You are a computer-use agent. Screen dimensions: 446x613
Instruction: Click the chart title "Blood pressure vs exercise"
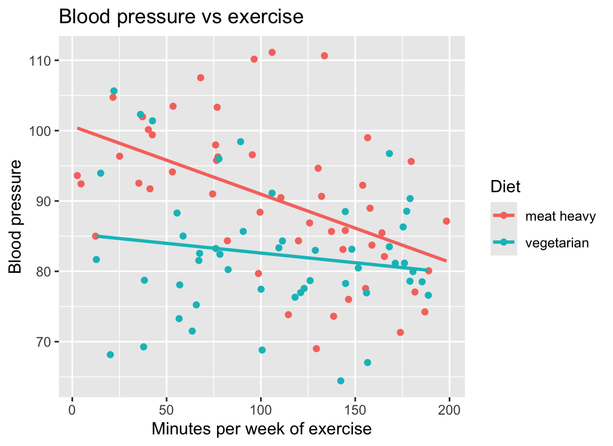click(x=181, y=17)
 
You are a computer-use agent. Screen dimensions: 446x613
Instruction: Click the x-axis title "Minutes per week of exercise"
click(x=261, y=430)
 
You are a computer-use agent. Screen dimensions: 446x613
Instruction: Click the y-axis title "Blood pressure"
click(x=16, y=216)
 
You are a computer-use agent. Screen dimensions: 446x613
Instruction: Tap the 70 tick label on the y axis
click(x=44, y=341)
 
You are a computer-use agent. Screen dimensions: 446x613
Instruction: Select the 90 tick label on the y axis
click(x=44, y=201)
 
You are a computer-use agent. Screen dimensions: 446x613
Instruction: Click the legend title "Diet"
click(x=505, y=187)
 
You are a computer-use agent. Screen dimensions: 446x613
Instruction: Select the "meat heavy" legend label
click(x=560, y=217)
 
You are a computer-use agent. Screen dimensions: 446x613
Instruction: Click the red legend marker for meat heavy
click(x=504, y=216)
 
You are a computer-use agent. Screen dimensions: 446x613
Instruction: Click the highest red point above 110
click(x=272, y=52)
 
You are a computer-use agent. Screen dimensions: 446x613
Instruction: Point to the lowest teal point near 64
click(x=341, y=381)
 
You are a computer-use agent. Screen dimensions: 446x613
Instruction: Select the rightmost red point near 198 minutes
click(x=446, y=221)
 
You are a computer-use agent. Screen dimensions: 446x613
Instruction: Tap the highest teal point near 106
click(x=114, y=91)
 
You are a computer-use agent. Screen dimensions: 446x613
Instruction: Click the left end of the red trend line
click(x=78, y=128)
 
